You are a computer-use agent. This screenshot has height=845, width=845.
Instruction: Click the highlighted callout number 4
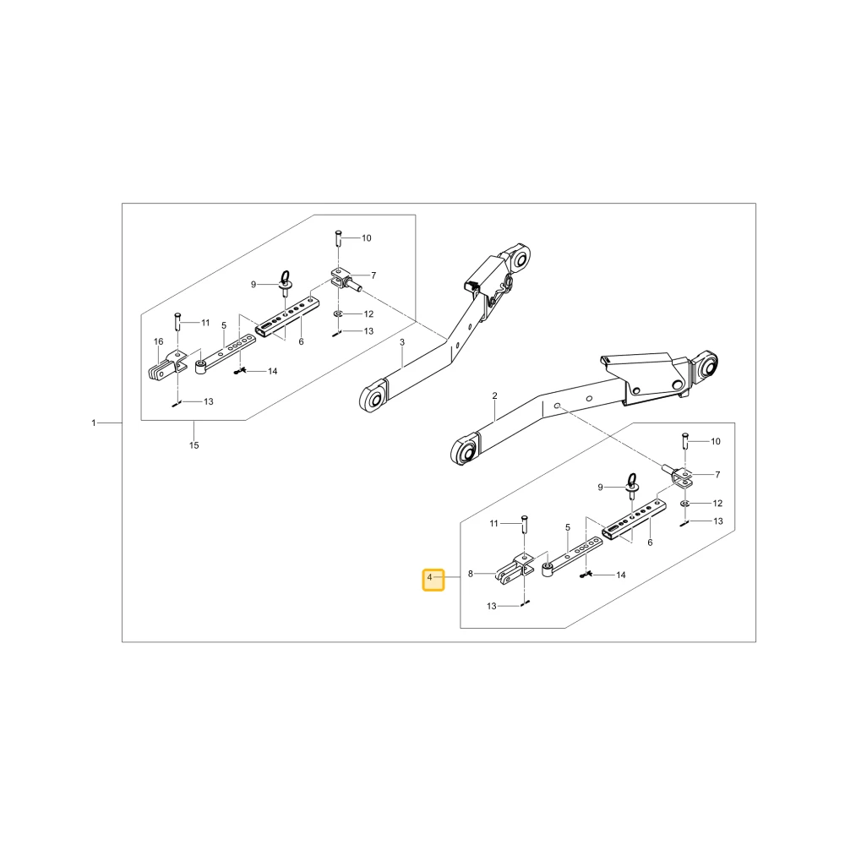tap(429, 578)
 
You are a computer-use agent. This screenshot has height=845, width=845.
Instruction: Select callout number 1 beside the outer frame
tap(93, 423)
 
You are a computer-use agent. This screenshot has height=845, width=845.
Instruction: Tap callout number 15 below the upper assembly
tap(194, 445)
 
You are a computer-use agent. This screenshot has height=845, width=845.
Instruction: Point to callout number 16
tap(159, 341)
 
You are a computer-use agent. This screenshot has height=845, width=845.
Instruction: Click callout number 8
tap(471, 574)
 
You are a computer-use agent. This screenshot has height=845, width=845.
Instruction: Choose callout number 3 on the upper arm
tap(402, 342)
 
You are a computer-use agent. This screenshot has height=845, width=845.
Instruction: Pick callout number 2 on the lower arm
tap(494, 396)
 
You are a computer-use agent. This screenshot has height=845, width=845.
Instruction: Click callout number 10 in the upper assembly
tap(367, 238)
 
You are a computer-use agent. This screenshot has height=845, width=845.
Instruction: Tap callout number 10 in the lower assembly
tap(716, 441)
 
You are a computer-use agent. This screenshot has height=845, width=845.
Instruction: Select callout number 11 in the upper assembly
tap(205, 323)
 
